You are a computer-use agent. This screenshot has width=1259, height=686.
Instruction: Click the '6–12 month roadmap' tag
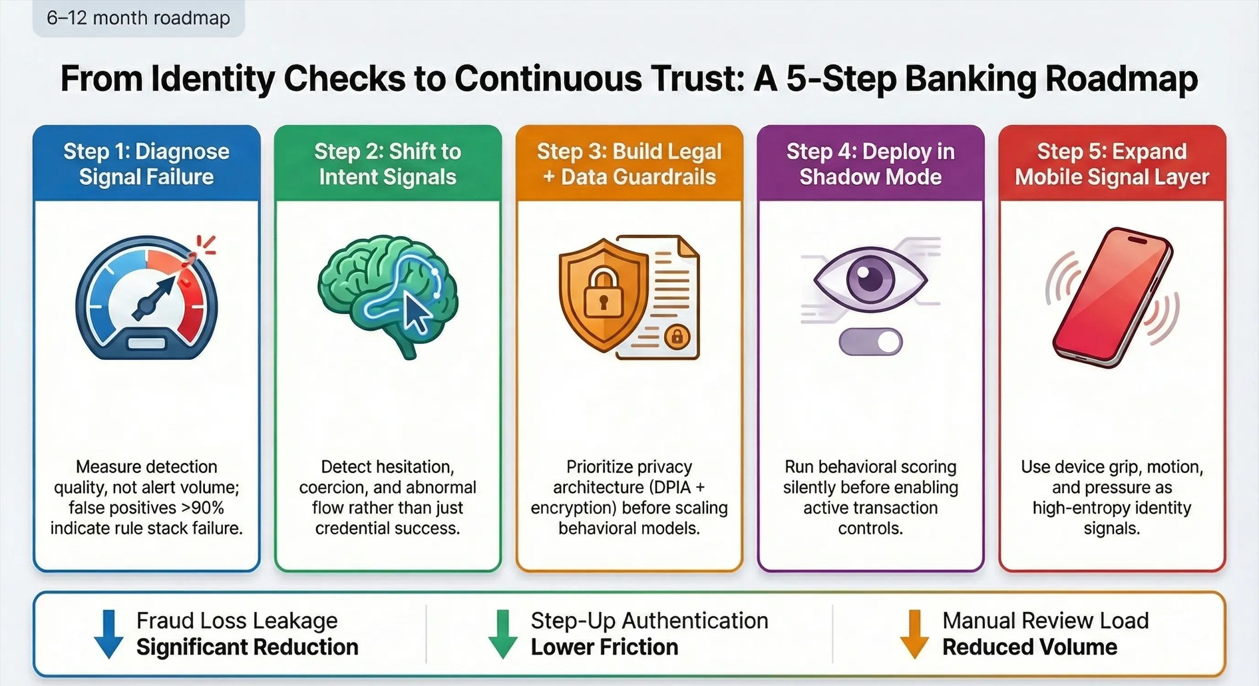pos(138,18)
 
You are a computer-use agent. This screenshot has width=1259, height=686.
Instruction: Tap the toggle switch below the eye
pos(870,342)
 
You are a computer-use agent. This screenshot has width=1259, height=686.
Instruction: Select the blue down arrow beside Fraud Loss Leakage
pos(108,633)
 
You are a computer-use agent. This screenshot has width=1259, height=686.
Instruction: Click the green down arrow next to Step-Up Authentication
pos(502,633)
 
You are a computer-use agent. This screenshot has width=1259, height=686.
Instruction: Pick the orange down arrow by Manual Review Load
pos(914,633)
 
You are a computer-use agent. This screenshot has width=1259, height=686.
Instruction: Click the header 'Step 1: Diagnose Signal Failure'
pos(146,164)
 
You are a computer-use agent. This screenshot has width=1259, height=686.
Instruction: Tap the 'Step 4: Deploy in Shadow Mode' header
pos(870,164)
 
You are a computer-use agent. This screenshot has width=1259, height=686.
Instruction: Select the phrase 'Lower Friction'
pos(604,647)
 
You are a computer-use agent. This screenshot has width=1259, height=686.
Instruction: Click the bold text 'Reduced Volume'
pos(1029,647)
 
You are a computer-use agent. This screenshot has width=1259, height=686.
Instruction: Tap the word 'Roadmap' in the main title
pos(1121,79)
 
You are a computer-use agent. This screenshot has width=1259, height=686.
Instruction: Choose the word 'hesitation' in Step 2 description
pos(412,466)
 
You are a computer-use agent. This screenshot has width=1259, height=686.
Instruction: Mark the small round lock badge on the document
pos(677,337)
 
